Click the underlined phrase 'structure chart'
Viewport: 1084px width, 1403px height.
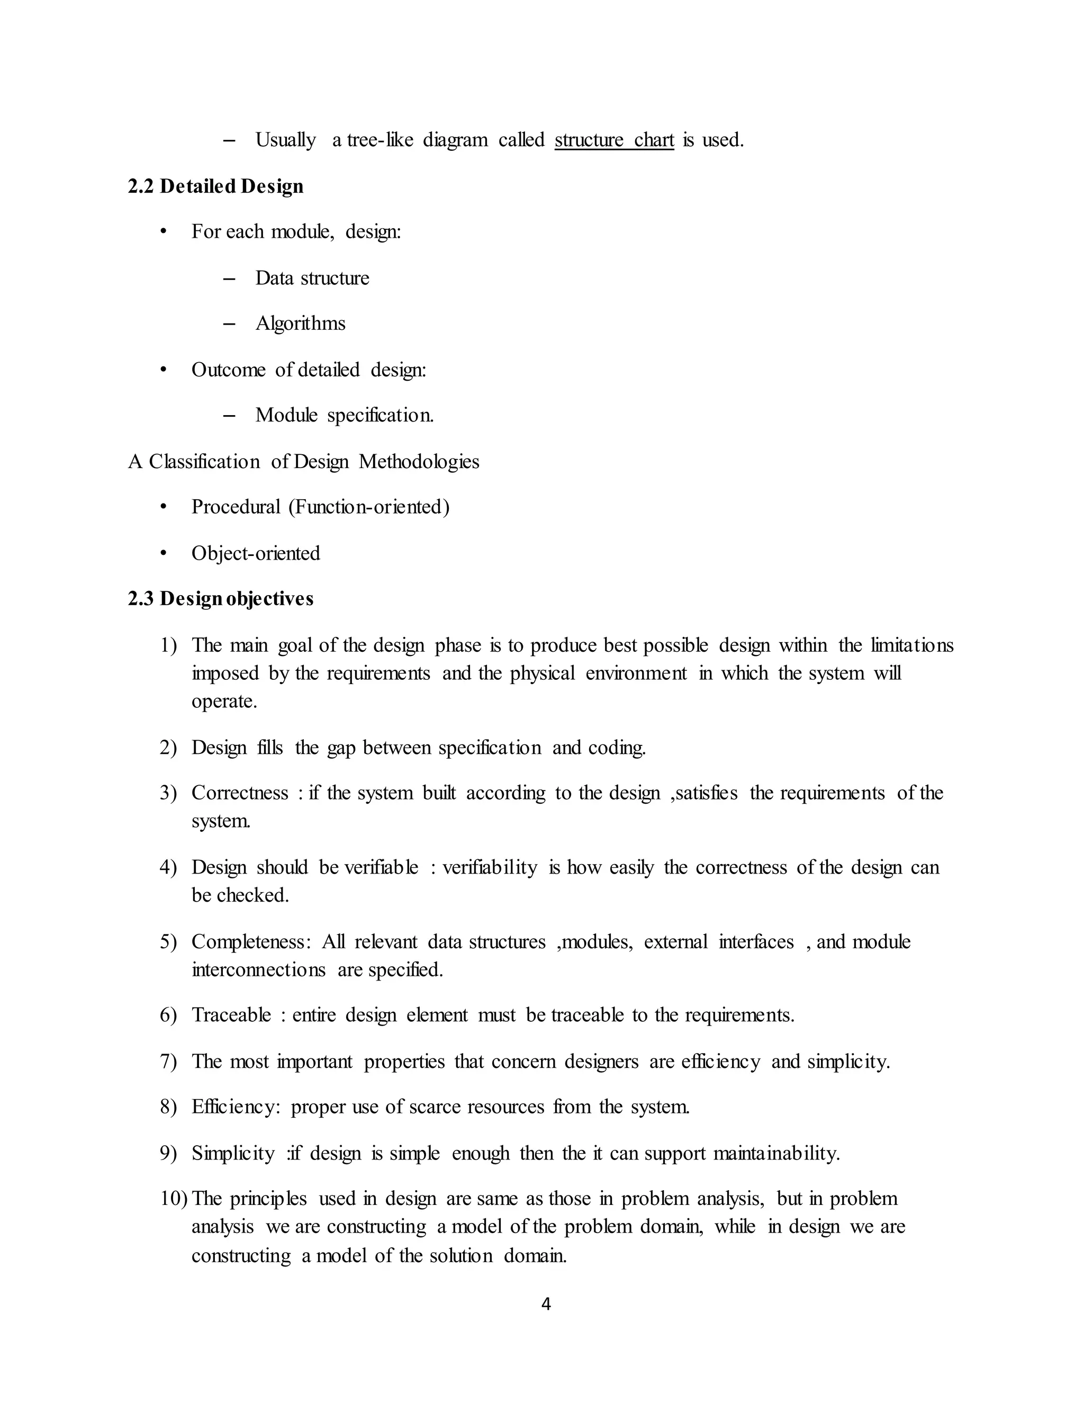click(614, 140)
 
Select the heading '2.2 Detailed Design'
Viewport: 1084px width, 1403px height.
click(216, 186)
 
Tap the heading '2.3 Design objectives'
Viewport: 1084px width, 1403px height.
click(221, 599)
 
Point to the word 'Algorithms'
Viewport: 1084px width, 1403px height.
click(301, 323)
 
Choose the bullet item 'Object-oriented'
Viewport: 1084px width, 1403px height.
click(256, 553)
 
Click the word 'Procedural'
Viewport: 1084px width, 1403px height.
click(236, 507)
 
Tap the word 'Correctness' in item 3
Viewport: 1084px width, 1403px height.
click(240, 793)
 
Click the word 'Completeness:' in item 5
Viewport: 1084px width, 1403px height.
click(251, 942)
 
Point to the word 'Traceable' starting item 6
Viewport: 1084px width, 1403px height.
click(231, 1015)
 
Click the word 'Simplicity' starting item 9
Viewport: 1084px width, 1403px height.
click(233, 1154)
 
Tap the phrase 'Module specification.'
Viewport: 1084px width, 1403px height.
click(344, 415)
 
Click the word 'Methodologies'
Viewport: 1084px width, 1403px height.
click(419, 461)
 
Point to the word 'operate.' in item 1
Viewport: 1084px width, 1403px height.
click(224, 701)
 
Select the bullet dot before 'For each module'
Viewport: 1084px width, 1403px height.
click(164, 232)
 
